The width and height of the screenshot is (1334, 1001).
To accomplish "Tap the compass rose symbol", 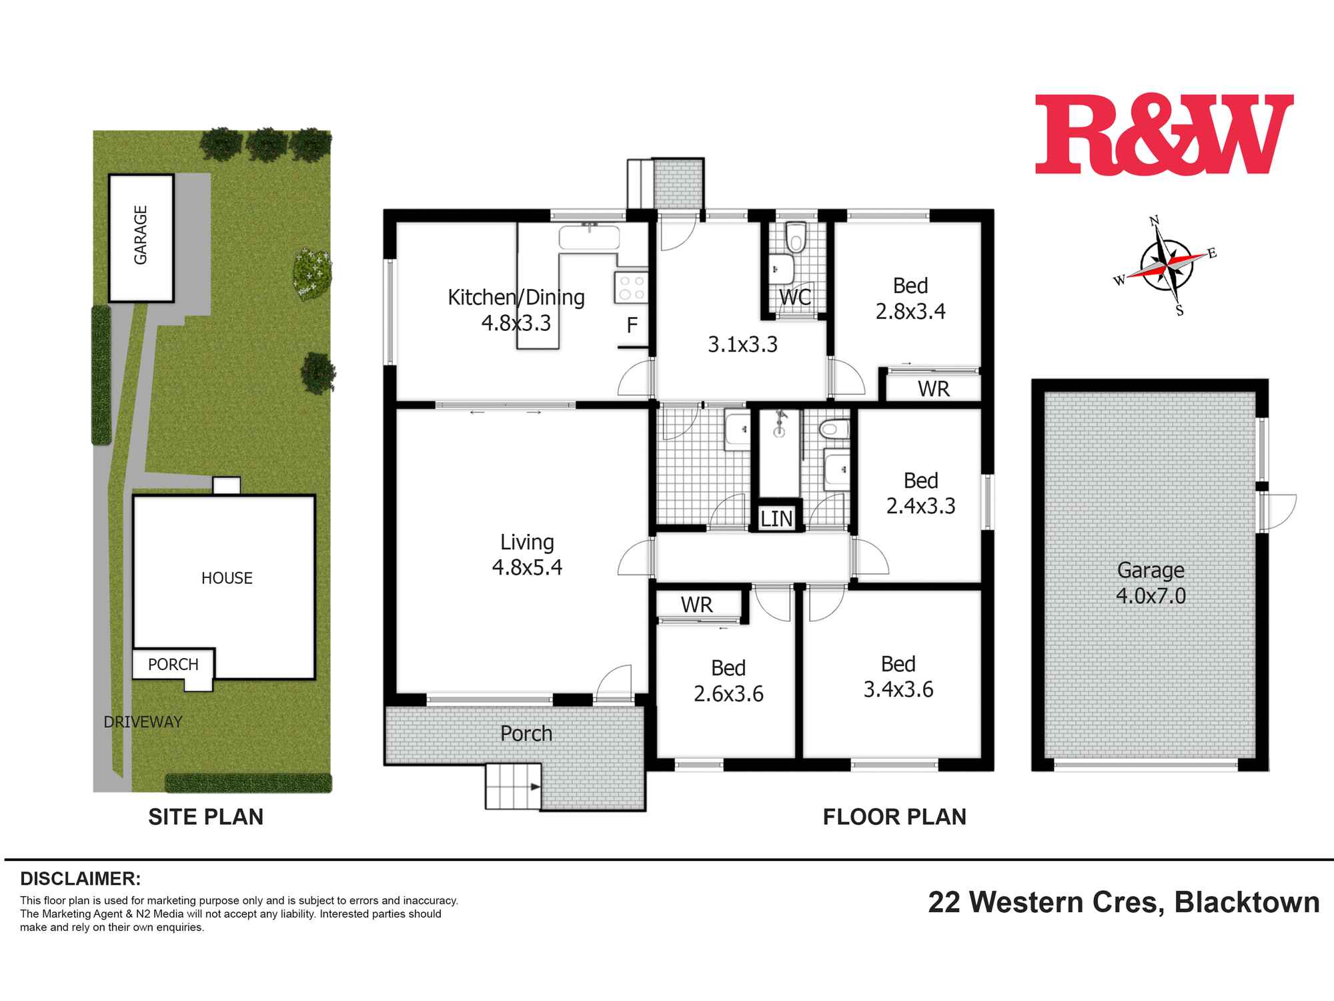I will click(x=1165, y=265).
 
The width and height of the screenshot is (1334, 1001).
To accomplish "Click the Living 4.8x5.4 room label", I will click(x=527, y=555).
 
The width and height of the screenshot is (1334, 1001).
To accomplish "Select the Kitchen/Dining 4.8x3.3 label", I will click(x=516, y=310).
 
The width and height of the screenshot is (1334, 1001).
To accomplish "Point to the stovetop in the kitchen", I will click(x=631, y=288).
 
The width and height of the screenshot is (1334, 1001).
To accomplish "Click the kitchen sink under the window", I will click(x=590, y=237).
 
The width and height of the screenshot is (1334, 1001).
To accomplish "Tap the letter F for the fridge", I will click(x=632, y=326).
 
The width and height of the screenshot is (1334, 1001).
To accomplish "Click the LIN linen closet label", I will click(x=776, y=519).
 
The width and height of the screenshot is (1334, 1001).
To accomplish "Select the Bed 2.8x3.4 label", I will click(x=910, y=298).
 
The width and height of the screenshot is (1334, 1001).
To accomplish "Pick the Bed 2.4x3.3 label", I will click(x=920, y=493).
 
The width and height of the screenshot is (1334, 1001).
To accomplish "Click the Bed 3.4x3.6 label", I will click(x=898, y=677).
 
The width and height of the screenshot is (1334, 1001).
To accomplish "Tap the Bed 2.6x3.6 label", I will click(x=728, y=681).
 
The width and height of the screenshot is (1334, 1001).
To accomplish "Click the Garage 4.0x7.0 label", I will click(x=1151, y=583).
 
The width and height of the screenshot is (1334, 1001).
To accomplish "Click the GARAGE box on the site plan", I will click(x=141, y=237).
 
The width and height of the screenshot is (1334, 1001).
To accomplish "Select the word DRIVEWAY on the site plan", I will click(x=143, y=721).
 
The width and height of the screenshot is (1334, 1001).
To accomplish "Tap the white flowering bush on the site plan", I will click(x=311, y=274).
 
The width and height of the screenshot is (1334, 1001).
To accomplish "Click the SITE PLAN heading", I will click(x=205, y=817).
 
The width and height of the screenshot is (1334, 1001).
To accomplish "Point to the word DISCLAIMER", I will click(x=80, y=878).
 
